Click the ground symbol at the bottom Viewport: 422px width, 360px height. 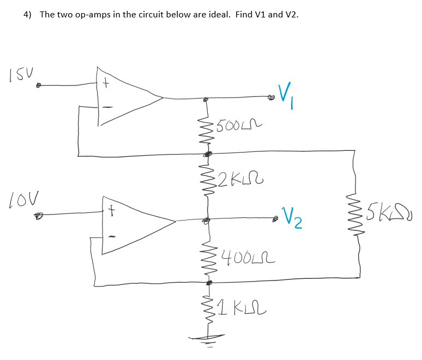[208, 339]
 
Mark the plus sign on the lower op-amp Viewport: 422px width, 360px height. [111, 208]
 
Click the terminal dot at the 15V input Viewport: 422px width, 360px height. [39, 86]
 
